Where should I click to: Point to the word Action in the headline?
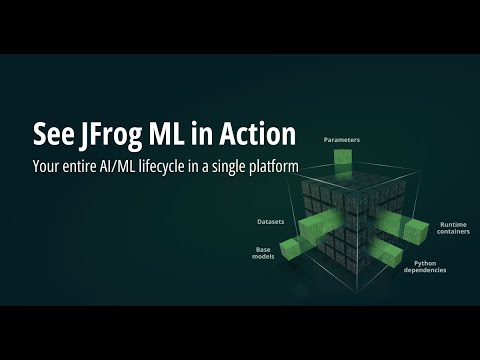click(x=255, y=134)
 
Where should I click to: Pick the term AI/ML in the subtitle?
click(x=120, y=163)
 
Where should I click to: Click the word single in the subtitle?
click(x=228, y=163)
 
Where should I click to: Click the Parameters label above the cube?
click(x=342, y=141)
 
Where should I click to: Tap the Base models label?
click(x=263, y=251)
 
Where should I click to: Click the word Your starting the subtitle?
click(x=51, y=163)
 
